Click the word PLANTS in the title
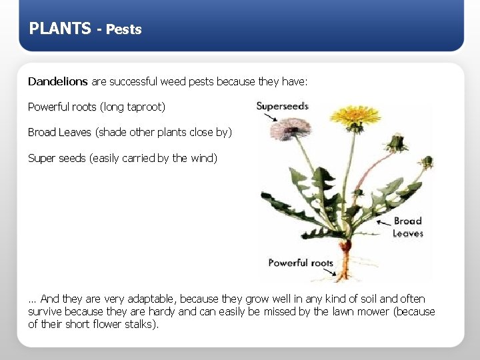click(x=60, y=29)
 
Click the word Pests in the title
click(x=123, y=29)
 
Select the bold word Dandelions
click(x=57, y=81)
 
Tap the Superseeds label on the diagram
click(x=282, y=106)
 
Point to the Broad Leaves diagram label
click(x=407, y=227)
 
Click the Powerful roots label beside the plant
click(x=300, y=263)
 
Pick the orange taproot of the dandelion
click(x=345, y=257)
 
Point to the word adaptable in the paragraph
click(x=150, y=299)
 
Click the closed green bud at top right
click(x=398, y=142)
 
